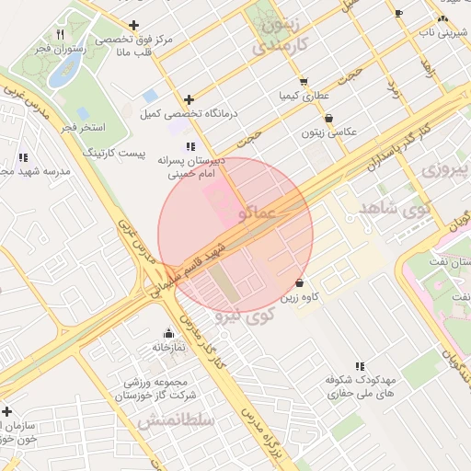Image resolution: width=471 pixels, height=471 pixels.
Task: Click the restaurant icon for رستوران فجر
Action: pyautogui.click(x=61, y=34)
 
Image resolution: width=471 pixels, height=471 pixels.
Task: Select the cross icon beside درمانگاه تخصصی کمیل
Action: pyautogui.click(x=190, y=99)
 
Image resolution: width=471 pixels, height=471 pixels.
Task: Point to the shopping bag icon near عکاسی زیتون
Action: pyautogui.click(x=330, y=118)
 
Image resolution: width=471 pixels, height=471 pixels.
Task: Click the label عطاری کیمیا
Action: pyautogui.click(x=301, y=95)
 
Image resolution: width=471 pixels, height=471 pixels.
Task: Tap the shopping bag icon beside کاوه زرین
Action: pyautogui.click(x=300, y=282)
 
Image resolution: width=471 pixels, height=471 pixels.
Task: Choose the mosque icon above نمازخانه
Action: pyautogui.click(x=167, y=334)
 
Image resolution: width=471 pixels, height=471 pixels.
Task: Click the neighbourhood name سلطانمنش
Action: pyautogui.click(x=177, y=420)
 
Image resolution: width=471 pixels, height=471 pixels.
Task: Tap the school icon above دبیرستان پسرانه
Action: pyautogui.click(x=190, y=146)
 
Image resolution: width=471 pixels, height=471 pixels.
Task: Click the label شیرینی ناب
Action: pyautogui.click(x=439, y=31)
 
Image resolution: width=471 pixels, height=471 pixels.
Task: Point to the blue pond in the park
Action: pyautogui.click(x=63, y=73)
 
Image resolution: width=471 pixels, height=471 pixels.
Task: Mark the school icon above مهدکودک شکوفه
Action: pyautogui.click(x=359, y=366)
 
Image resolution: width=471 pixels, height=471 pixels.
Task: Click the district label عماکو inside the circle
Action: pyautogui.click(x=257, y=213)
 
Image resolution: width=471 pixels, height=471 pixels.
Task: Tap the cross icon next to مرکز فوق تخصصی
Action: pyautogui.click(x=134, y=25)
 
